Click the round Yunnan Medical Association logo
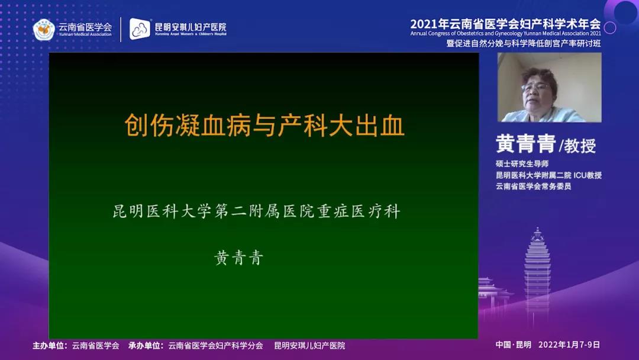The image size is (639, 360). click(x=44, y=30)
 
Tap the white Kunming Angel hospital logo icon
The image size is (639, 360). click(x=140, y=29)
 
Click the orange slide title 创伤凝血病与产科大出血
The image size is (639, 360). click(x=264, y=125)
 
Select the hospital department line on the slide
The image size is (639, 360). click(x=256, y=211)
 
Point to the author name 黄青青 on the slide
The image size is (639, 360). click(x=239, y=258)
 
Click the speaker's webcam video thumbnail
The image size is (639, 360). click(x=549, y=87)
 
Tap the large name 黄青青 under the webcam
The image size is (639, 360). click(x=526, y=144)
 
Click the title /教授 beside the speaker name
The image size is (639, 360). click(x=578, y=146)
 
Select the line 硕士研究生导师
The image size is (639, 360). click(x=522, y=163)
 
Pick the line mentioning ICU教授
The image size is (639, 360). click(x=548, y=175)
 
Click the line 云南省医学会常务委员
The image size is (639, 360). click(x=534, y=187)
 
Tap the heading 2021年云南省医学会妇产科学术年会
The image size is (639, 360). click(x=505, y=24)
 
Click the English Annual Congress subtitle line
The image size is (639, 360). click(x=505, y=33)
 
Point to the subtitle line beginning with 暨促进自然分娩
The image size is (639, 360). click(x=524, y=43)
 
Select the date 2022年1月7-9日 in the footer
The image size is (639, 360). click(x=569, y=345)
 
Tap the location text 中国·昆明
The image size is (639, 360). click(x=514, y=345)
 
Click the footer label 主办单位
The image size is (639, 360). click(x=49, y=346)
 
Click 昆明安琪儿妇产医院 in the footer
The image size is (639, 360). click(x=309, y=346)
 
